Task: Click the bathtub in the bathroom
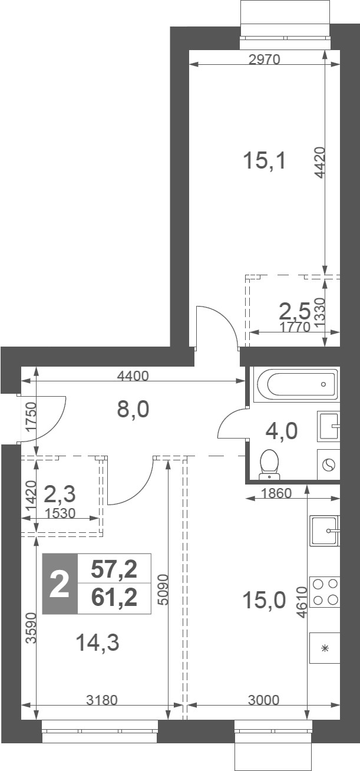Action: (x=296, y=384)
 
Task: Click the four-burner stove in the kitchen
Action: (x=325, y=592)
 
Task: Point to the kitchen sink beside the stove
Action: (x=325, y=531)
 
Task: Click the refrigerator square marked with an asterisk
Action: (x=325, y=648)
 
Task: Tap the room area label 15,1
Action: (x=265, y=161)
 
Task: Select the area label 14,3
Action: (x=97, y=642)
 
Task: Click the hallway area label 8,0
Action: (x=133, y=410)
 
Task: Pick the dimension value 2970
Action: (x=265, y=60)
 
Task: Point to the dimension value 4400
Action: (x=133, y=376)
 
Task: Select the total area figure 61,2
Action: (x=114, y=598)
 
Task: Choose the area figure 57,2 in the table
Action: (x=114, y=569)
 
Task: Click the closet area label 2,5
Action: (x=295, y=311)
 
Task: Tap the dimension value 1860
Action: (x=276, y=493)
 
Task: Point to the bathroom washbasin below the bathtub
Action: (x=328, y=426)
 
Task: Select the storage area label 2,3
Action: (x=60, y=495)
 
